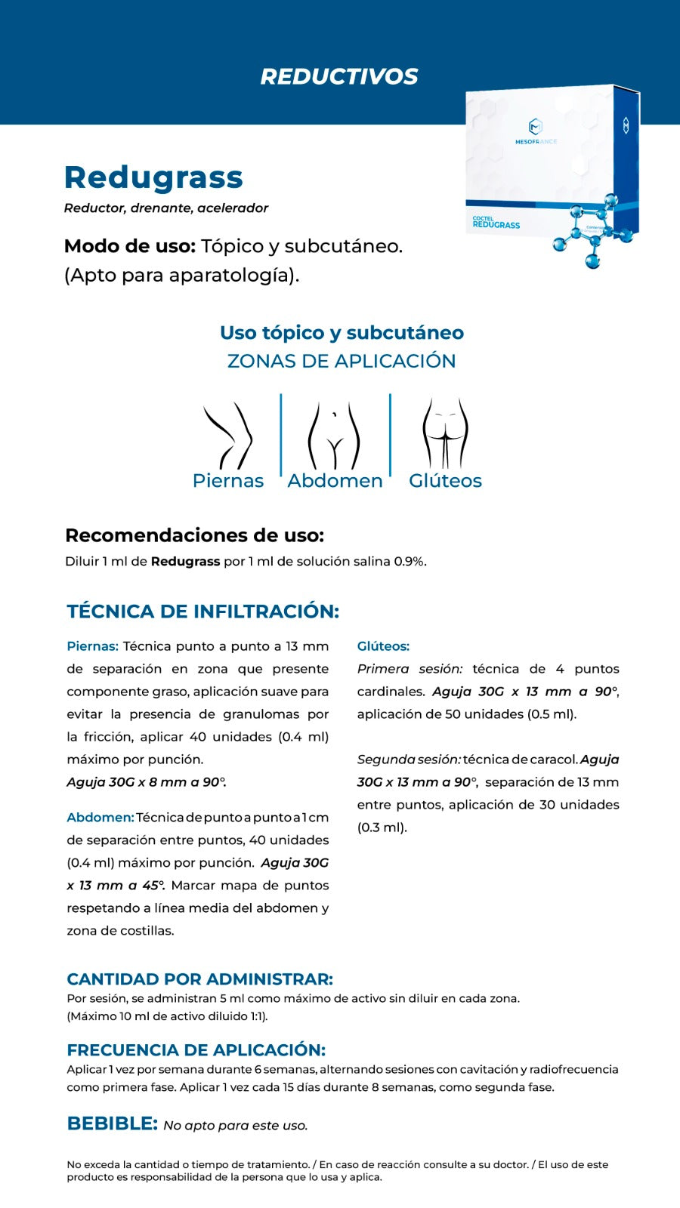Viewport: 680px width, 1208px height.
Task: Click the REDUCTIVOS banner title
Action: pos(339,76)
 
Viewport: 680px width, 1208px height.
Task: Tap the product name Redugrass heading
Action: pos(153,177)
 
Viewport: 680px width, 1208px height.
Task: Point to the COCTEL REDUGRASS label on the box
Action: pos(496,222)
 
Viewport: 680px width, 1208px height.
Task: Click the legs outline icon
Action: pos(227,436)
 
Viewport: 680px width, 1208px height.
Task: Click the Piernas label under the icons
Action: pos(228,481)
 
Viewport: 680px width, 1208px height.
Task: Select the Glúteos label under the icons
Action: pos(445,481)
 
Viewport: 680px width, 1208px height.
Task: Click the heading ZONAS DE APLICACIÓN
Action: pos(342,361)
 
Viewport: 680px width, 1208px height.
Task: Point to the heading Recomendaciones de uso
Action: pos(194,535)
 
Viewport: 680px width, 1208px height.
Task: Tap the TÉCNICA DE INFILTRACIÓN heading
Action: pos(202,612)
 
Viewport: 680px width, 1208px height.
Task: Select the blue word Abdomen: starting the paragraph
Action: pos(100,818)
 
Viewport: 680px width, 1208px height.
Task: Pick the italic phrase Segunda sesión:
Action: pos(409,760)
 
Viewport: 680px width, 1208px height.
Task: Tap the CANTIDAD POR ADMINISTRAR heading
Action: pos(199,979)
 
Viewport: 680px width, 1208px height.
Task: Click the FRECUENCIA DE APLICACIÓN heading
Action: pos(196,1050)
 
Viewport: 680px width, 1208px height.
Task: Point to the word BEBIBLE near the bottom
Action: pos(112,1123)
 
